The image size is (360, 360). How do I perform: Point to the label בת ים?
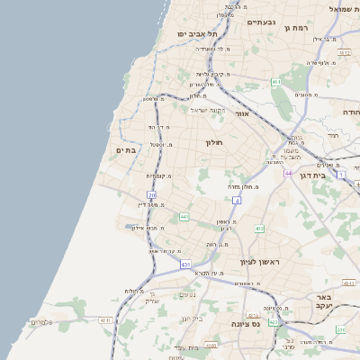[x=127, y=149]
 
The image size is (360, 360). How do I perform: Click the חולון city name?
[x=213, y=143]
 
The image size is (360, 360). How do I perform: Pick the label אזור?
[x=241, y=114]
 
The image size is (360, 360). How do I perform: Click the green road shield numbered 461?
[x=276, y=83]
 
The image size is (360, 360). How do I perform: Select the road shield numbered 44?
[x=288, y=173]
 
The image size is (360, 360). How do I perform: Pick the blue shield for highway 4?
[x=237, y=202]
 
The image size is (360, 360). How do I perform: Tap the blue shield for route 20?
[x=152, y=194]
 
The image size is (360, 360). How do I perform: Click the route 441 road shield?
[x=184, y=217]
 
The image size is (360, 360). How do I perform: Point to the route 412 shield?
[x=259, y=229]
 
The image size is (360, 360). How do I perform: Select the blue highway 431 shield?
[x=185, y=265]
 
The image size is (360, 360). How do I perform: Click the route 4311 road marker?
[x=105, y=319]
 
